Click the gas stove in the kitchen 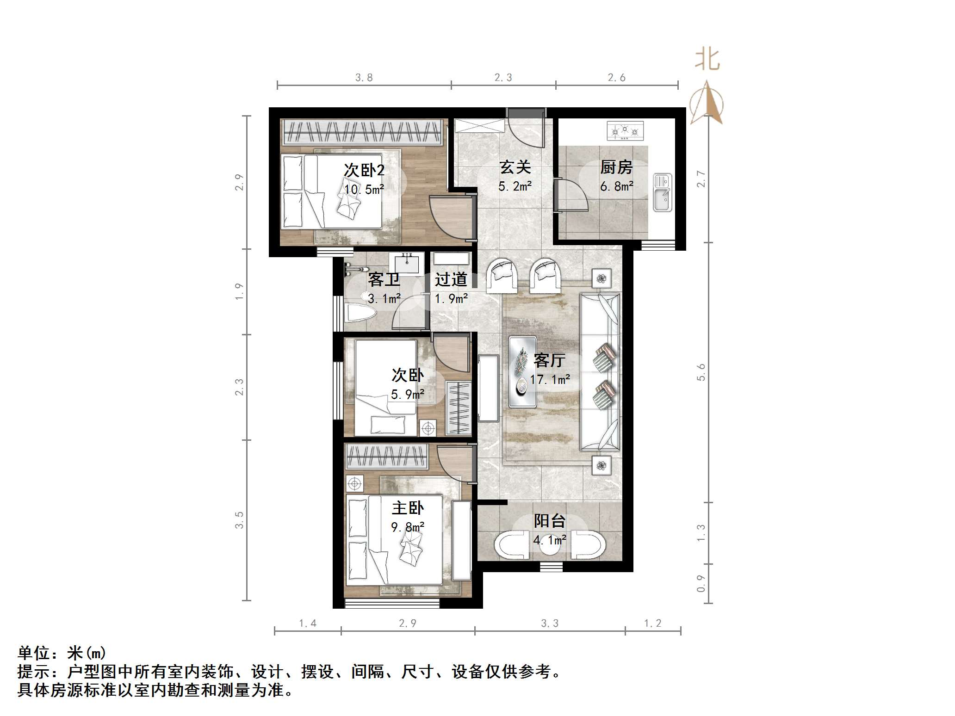click(x=625, y=130)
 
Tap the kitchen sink click(x=662, y=192)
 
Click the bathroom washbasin click(x=407, y=264)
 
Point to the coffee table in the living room click(x=522, y=365)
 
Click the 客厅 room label click(x=549, y=360)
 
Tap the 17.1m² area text click(x=550, y=380)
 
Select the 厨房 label click(x=616, y=167)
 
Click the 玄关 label click(x=515, y=167)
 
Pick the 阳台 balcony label click(x=549, y=521)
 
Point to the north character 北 click(x=707, y=60)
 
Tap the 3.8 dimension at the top click(x=364, y=78)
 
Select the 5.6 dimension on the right click(x=701, y=372)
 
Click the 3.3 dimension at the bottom click(x=550, y=623)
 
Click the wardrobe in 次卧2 click(x=362, y=131)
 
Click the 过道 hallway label click(x=451, y=279)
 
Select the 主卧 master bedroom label click(x=408, y=508)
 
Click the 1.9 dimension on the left click(x=239, y=291)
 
